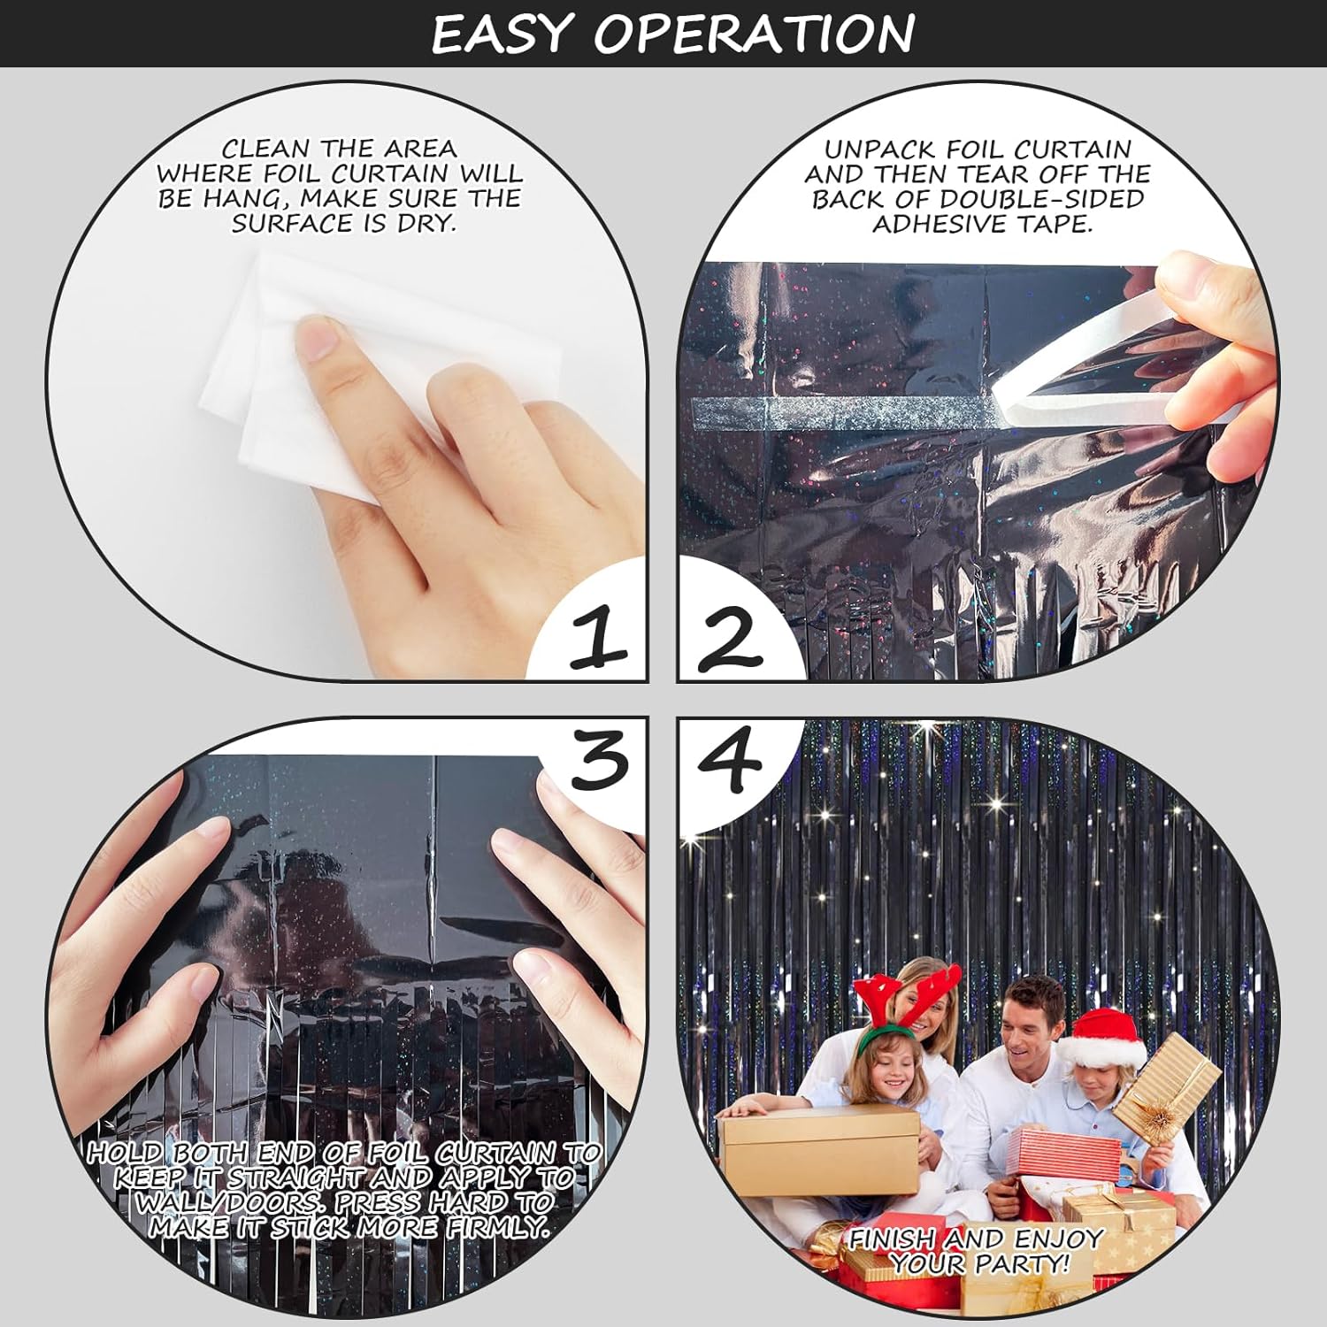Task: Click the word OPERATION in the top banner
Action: point(754,34)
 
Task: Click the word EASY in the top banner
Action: point(501,34)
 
